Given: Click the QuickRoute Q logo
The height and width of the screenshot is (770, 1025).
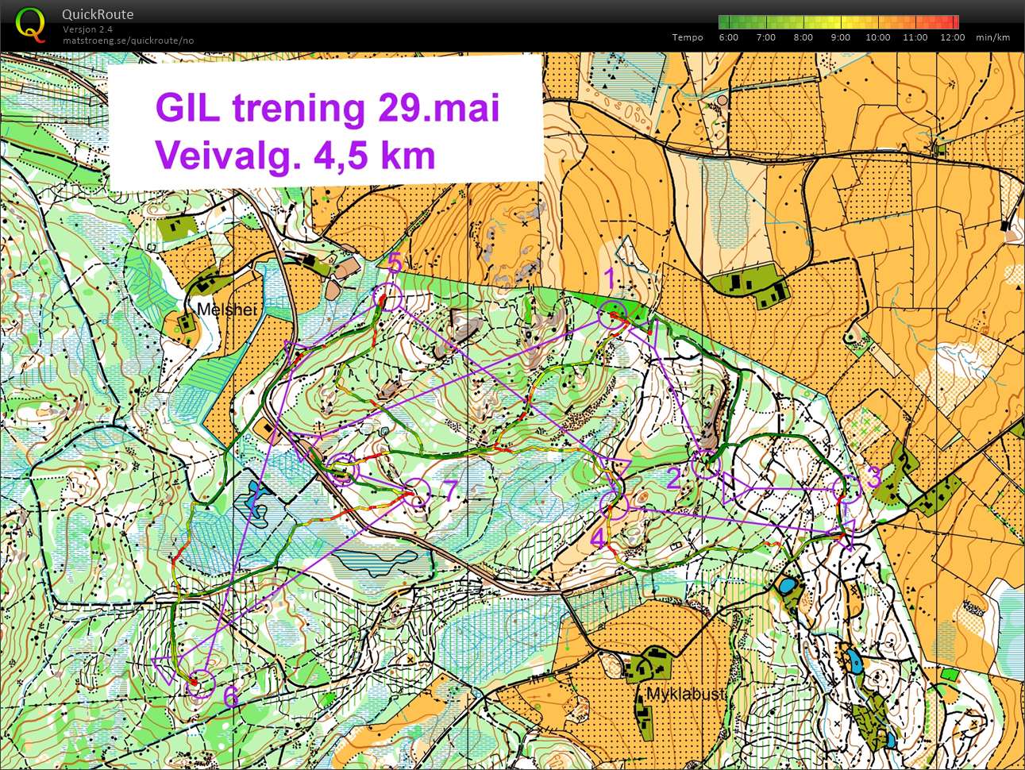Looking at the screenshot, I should click(30, 24).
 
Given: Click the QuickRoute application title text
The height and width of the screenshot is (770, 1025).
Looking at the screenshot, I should click(98, 14).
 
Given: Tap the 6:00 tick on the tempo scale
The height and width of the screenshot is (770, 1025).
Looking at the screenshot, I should click(728, 37).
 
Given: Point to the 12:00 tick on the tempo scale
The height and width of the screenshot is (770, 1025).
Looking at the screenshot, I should click(952, 37).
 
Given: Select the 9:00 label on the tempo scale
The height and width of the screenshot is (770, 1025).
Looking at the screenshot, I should click(840, 37).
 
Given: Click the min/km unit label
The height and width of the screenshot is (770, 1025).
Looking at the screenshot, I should click(992, 37).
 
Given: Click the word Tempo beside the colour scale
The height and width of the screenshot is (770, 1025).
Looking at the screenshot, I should click(687, 37).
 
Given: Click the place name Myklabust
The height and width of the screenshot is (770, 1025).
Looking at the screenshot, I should click(686, 694).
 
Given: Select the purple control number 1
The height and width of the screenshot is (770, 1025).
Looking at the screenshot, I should click(610, 279).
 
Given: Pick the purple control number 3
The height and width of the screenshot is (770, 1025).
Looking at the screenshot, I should click(873, 478).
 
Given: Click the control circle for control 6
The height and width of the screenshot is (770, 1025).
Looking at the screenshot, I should click(201, 683).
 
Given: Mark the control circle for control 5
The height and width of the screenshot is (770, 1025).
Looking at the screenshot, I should click(389, 298).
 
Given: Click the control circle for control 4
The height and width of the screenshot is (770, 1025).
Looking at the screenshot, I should click(614, 505).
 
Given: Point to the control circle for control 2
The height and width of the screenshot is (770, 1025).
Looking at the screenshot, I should click(706, 464).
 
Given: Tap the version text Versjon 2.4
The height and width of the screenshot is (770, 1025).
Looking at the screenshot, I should click(88, 29).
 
